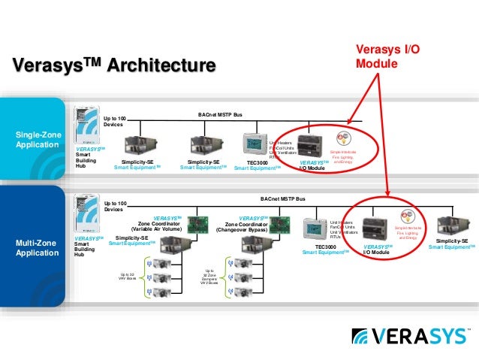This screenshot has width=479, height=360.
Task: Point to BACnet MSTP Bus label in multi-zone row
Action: click(283, 199)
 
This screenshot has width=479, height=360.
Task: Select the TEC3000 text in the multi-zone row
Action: click(326, 247)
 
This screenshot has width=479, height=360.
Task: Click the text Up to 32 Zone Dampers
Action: click(209, 277)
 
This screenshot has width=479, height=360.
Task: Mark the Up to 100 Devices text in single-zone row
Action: click(114, 122)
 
